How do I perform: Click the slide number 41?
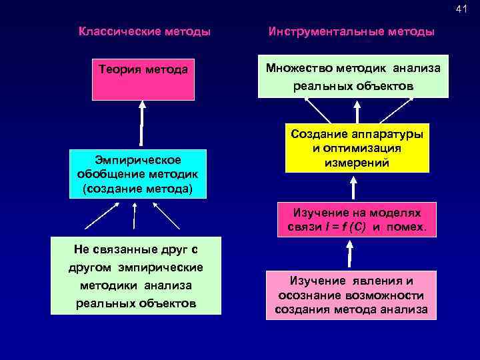[462, 9]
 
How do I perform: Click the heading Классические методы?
[145, 31]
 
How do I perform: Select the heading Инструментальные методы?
[351, 31]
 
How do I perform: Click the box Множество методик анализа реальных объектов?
[353, 77]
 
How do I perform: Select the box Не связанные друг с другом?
[135, 276]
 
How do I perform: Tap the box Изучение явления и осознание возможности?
[351, 295]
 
